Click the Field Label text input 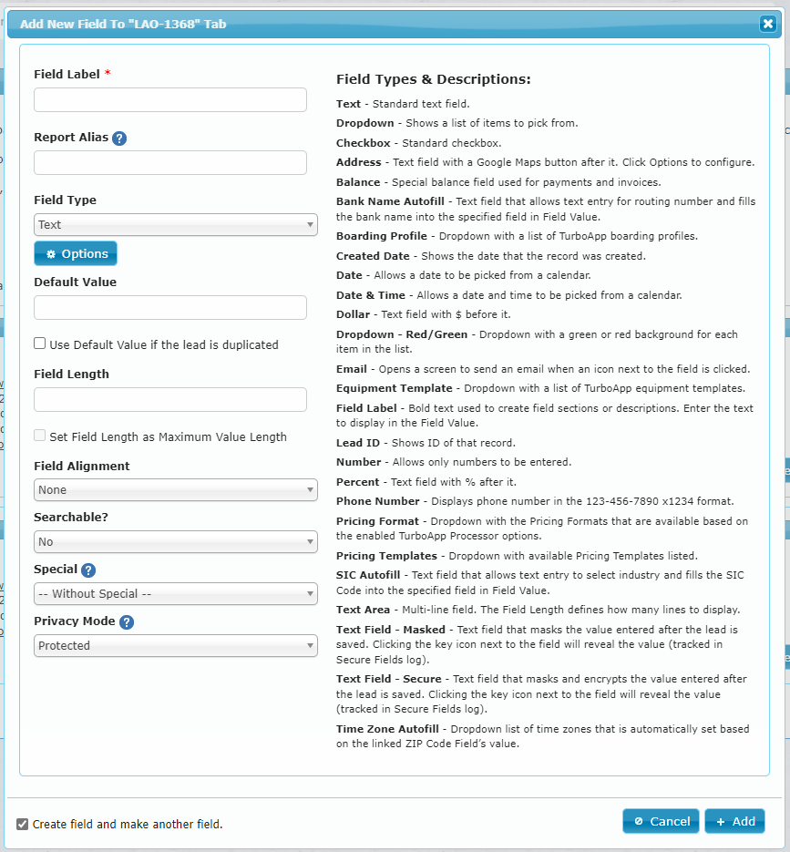pyautogui.click(x=170, y=100)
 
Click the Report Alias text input pyautogui.click(x=170, y=163)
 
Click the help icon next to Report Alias pyautogui.click(x=119, y=139)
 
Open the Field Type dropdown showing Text pyautogui.click(x=176, y=225)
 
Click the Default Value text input pyautogui.click(x=170, y=308)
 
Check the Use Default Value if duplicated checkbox pyautogui.click(x=40, y=344)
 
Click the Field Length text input pyautogui.click(x=170, y=400)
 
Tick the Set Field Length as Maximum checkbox pyautogui.click(x=40, y=436)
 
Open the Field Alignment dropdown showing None pyautogui.click(x=176, y=490)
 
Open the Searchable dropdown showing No pyautogui.click(x=176, y=542)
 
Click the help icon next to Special pyautogui.click(x=88, y=570)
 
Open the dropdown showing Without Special pyautogui.click(x=176, y=594)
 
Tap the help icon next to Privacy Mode pyautogui.click(x=127, y=622)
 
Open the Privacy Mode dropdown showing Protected pyautogui.click(x=176, y=646)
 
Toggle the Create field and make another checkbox pyautogui.click(x=23, y=825)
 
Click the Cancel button pyautogui.click(x=661, y=821)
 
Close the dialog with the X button pyautogui.click(x=768, y=24)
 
